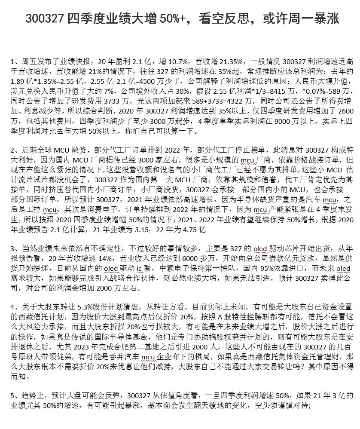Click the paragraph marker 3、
[15, 248]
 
